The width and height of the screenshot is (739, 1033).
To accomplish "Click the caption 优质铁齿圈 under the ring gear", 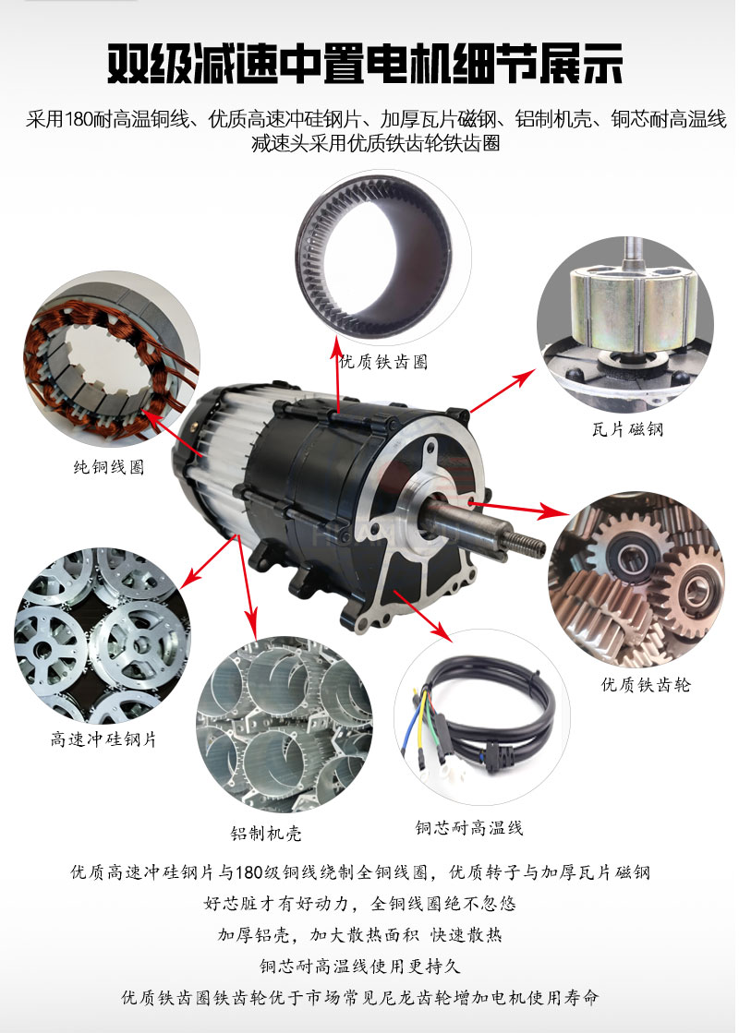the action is tap(383, 362).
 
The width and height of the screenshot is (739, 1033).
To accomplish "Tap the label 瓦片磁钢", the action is tap(627, 429).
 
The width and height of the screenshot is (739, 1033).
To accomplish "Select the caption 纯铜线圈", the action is tap(109, 467).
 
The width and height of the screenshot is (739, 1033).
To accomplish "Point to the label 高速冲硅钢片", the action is tap(103, 739).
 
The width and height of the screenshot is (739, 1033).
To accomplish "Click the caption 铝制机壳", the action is tap(266, 834).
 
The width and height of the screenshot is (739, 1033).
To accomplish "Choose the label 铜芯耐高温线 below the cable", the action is tap(469, 827).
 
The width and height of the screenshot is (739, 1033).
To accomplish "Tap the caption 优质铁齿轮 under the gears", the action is tap(646, 684).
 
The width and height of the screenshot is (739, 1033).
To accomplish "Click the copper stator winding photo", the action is tap(112, 360).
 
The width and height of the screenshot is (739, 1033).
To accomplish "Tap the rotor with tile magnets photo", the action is tap(625, 323).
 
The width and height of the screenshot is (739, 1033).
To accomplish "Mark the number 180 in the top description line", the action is tap(79, 119).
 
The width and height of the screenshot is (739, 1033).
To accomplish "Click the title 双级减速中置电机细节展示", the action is tap(365, 64).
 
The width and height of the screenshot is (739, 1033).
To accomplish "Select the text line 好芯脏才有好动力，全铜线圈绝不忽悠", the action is tap(360, 903).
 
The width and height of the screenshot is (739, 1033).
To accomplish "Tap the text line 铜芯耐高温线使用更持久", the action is tap(360, 967).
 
